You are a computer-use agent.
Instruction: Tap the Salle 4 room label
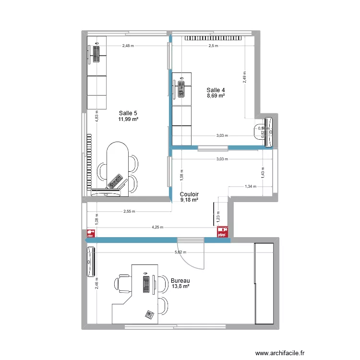coord(216,90)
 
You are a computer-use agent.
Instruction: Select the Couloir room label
coord(190,194)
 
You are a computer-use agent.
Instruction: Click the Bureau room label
coord(180,281)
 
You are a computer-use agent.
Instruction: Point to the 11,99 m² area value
coord(128,119)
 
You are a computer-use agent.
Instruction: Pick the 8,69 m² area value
coord(216,96)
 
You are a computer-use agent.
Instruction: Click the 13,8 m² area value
coord(180,287)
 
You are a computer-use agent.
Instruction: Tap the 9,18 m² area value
coord(190,201)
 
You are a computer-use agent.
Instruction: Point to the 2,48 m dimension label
coord(128,46)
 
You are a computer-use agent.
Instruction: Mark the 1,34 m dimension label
coord(251,187)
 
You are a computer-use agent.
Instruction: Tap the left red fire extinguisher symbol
coord(90,234)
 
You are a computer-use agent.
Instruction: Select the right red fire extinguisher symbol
coord(222,233)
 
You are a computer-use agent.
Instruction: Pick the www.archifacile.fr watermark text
coord(280,353)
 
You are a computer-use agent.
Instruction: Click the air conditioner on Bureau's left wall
coord(91,262)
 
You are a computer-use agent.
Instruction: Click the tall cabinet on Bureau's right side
coord(264,283)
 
